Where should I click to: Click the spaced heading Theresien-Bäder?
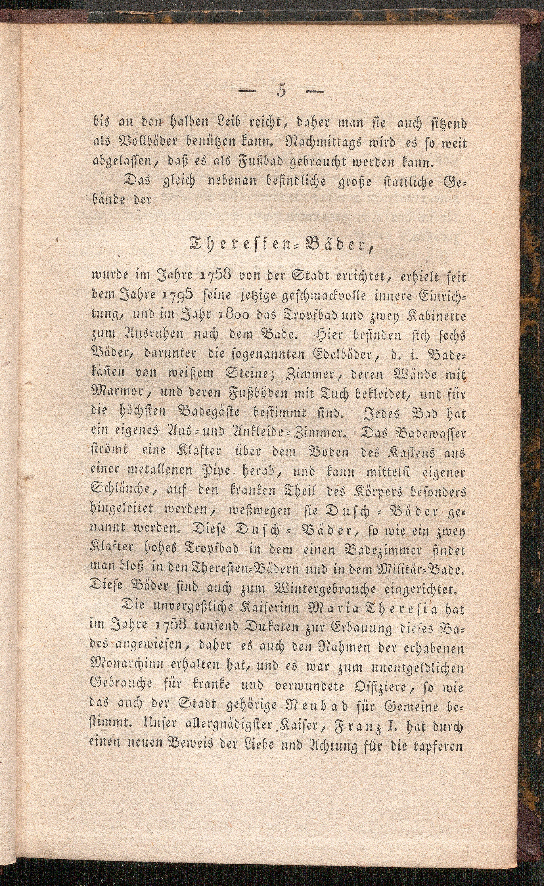[279, 247]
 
